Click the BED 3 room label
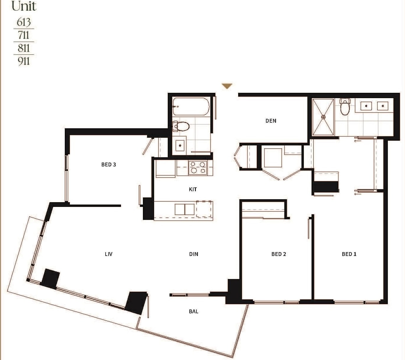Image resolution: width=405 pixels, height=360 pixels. (109, 164)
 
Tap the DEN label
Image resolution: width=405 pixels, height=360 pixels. (271, 121)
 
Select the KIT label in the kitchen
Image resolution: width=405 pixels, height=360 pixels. (193, 189)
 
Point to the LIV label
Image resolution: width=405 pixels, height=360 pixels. (109, 254)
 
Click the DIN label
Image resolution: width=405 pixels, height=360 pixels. (193, 254)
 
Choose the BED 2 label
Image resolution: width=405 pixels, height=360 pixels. (279, 254)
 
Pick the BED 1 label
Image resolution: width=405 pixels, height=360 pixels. (349, 254)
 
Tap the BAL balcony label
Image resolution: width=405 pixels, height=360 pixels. (193, 311)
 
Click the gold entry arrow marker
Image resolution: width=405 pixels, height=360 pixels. (227, 86)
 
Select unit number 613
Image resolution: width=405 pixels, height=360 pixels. (24, 22)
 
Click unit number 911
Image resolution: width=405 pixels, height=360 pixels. (24, 61)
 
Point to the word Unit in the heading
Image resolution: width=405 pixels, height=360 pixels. (24, 6)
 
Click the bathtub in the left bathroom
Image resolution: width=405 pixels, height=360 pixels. (191, 106)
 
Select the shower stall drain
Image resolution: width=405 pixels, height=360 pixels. (323, 117)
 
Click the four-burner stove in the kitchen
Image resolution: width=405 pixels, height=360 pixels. (198, 167)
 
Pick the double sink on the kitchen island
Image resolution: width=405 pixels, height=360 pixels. (185, 209)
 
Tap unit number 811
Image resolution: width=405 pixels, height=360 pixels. (24, 48)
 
